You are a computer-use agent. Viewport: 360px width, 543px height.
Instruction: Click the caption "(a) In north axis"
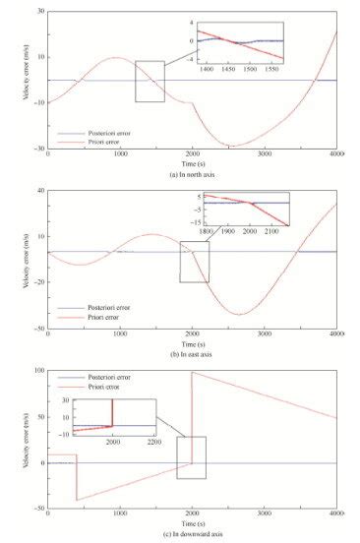193,172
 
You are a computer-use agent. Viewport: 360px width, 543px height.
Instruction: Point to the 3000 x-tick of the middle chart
266,334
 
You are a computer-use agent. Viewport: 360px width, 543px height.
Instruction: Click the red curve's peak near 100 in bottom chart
192,373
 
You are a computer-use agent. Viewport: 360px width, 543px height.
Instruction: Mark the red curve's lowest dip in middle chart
239,315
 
